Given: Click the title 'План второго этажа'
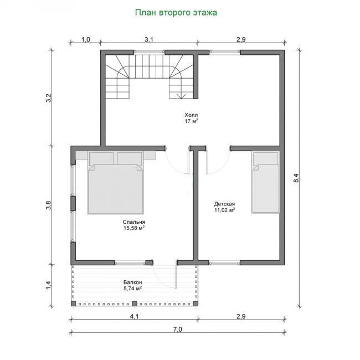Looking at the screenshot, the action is [176, 13].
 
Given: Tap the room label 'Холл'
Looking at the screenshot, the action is [191, 115].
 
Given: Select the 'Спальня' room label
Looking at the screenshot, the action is [134, 222].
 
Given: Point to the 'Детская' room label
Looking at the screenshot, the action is [224, 204].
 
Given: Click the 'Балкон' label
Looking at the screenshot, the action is [133, 282].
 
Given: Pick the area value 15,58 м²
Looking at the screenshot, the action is [134, 228].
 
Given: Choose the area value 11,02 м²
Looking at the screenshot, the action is [224, 210].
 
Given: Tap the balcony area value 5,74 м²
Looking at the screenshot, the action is [133, 289].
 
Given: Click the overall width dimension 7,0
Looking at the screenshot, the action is [177, 330].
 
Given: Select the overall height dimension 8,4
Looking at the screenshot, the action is [296, 178].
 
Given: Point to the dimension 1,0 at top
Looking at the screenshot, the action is [86, 39].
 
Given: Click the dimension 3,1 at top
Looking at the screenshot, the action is [149, 39].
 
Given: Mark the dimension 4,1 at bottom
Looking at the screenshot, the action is [135, 316].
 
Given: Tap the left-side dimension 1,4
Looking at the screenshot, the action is [48, 285].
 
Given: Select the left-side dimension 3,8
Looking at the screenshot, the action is [48, 205].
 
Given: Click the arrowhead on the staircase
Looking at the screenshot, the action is [181, 96].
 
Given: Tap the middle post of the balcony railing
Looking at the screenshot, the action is [135, 304].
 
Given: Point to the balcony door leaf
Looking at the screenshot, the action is [176, 277].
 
